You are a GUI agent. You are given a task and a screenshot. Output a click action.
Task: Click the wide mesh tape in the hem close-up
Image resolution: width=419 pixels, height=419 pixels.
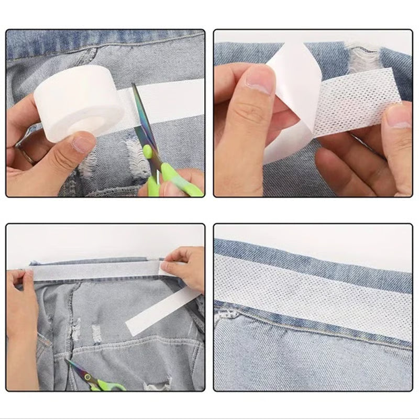click(x=314, y=285)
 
